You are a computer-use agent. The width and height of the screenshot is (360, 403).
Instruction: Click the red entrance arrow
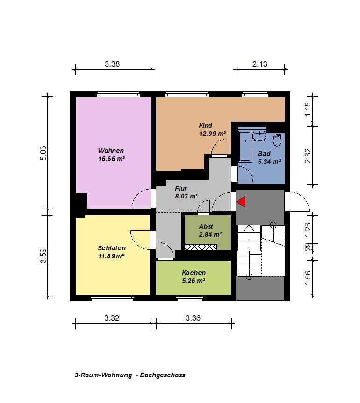(x=242, y=202)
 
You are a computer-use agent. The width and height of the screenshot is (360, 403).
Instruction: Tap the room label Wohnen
(x=111, y=151)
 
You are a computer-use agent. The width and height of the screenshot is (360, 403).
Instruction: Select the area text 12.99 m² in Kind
(x=212, y=134)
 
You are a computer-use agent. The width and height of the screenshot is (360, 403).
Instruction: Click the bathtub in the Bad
(x=245, y=146)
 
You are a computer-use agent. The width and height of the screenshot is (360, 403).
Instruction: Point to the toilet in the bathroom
(x=277, y=140)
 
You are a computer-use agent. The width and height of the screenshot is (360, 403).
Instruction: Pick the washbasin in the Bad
(x=259, y=136)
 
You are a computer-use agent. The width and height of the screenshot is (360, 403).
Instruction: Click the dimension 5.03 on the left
(x=43, y=153)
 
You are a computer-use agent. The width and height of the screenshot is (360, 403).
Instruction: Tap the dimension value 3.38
(x=112, y=64)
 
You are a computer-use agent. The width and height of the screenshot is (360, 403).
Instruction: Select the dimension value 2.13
(x=259, y=64)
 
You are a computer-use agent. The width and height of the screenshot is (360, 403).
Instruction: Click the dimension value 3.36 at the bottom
(x=193, y=318)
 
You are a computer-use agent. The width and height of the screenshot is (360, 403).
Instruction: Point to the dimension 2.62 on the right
(x=308, y=156)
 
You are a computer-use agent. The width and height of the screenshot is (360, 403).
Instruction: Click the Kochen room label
(x=194, y=273)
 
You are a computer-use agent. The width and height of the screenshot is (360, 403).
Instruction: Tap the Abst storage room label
(x=206, y=226)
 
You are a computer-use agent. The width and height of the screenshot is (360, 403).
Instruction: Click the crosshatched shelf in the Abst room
(x=201, y=247)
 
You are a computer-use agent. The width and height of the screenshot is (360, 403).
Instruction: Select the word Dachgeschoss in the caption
(x=163, y=375)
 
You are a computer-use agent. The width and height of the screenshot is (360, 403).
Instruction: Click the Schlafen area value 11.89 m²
(x=111, y=256)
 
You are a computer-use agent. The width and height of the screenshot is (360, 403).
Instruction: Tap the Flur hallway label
(x=181, y=188)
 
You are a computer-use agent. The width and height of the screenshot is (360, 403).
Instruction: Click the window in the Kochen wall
(x=190, y=298)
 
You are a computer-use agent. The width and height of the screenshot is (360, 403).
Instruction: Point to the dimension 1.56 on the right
(x=308, y=278)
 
